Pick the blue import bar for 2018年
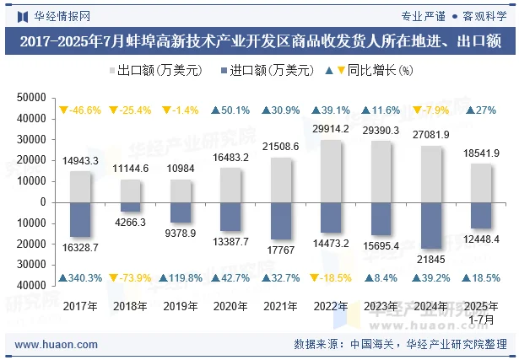click(x=130, y=207)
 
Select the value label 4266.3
click(x=129, y=223)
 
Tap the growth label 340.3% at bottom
click(x=80, y=278)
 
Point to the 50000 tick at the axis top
click(x=31, y=98)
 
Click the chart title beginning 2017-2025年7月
click(x=260, y=40)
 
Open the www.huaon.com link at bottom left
click(x=57, y=345)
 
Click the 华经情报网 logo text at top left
click(x=52, y=15)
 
